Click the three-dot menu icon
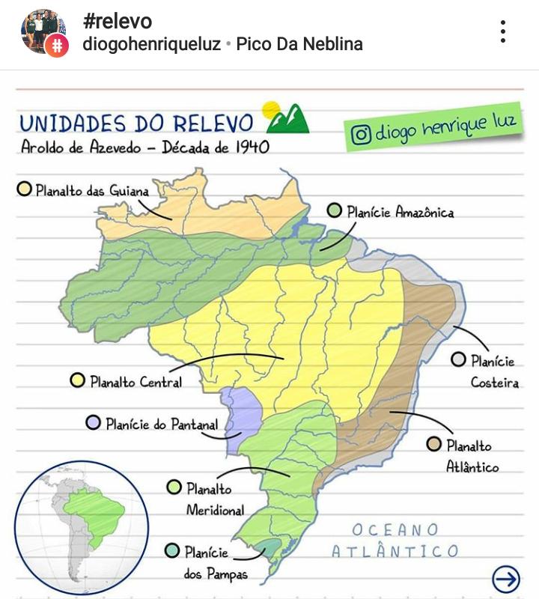(x=503, y=31)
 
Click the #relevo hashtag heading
(x=117, y=21)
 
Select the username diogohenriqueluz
(x=151, y=44)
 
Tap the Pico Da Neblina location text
(x=299, y=44)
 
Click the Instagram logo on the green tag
(x=361, y=136)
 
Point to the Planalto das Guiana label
(x=92, y=190)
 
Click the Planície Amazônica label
(x=400, y=212)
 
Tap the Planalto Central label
(x=135, y=382)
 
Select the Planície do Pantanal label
(x=161, y=425)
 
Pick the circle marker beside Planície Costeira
(x=458, y=360)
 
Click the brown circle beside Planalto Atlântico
(x=433, y=445)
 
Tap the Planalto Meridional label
(x=214, y=499)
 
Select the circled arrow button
(x=506, y=578)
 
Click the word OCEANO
(x=396, y=530)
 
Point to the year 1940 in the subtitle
(x=252, y=147)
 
